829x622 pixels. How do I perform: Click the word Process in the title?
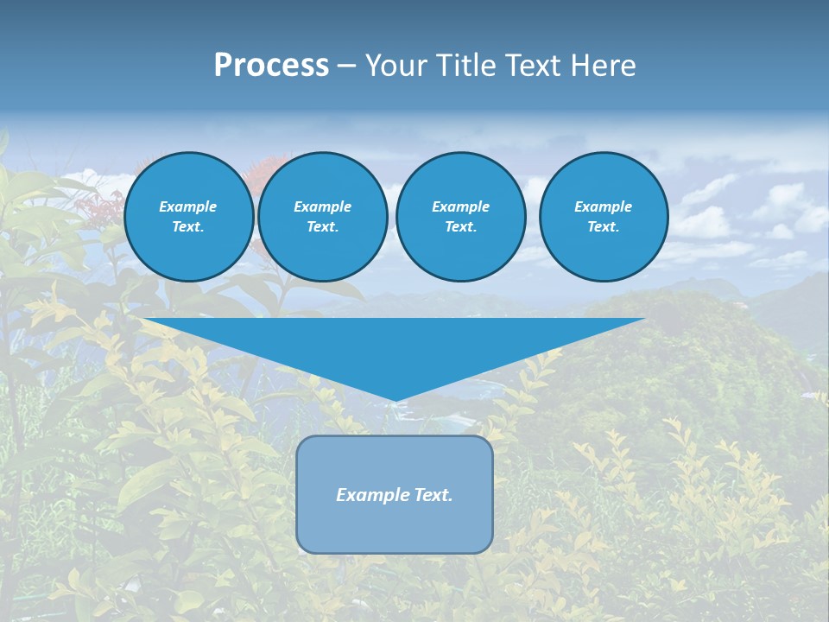(271, 66)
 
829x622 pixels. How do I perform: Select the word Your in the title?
(395, 66)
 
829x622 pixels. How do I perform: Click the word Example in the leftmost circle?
(188, 206)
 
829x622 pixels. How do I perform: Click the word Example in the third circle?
(460, 206)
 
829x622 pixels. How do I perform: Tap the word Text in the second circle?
(321, 227)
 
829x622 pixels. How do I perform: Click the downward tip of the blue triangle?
(396, 398)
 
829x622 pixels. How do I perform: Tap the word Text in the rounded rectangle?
(433, 495)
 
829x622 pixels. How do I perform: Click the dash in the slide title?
(347, 66)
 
